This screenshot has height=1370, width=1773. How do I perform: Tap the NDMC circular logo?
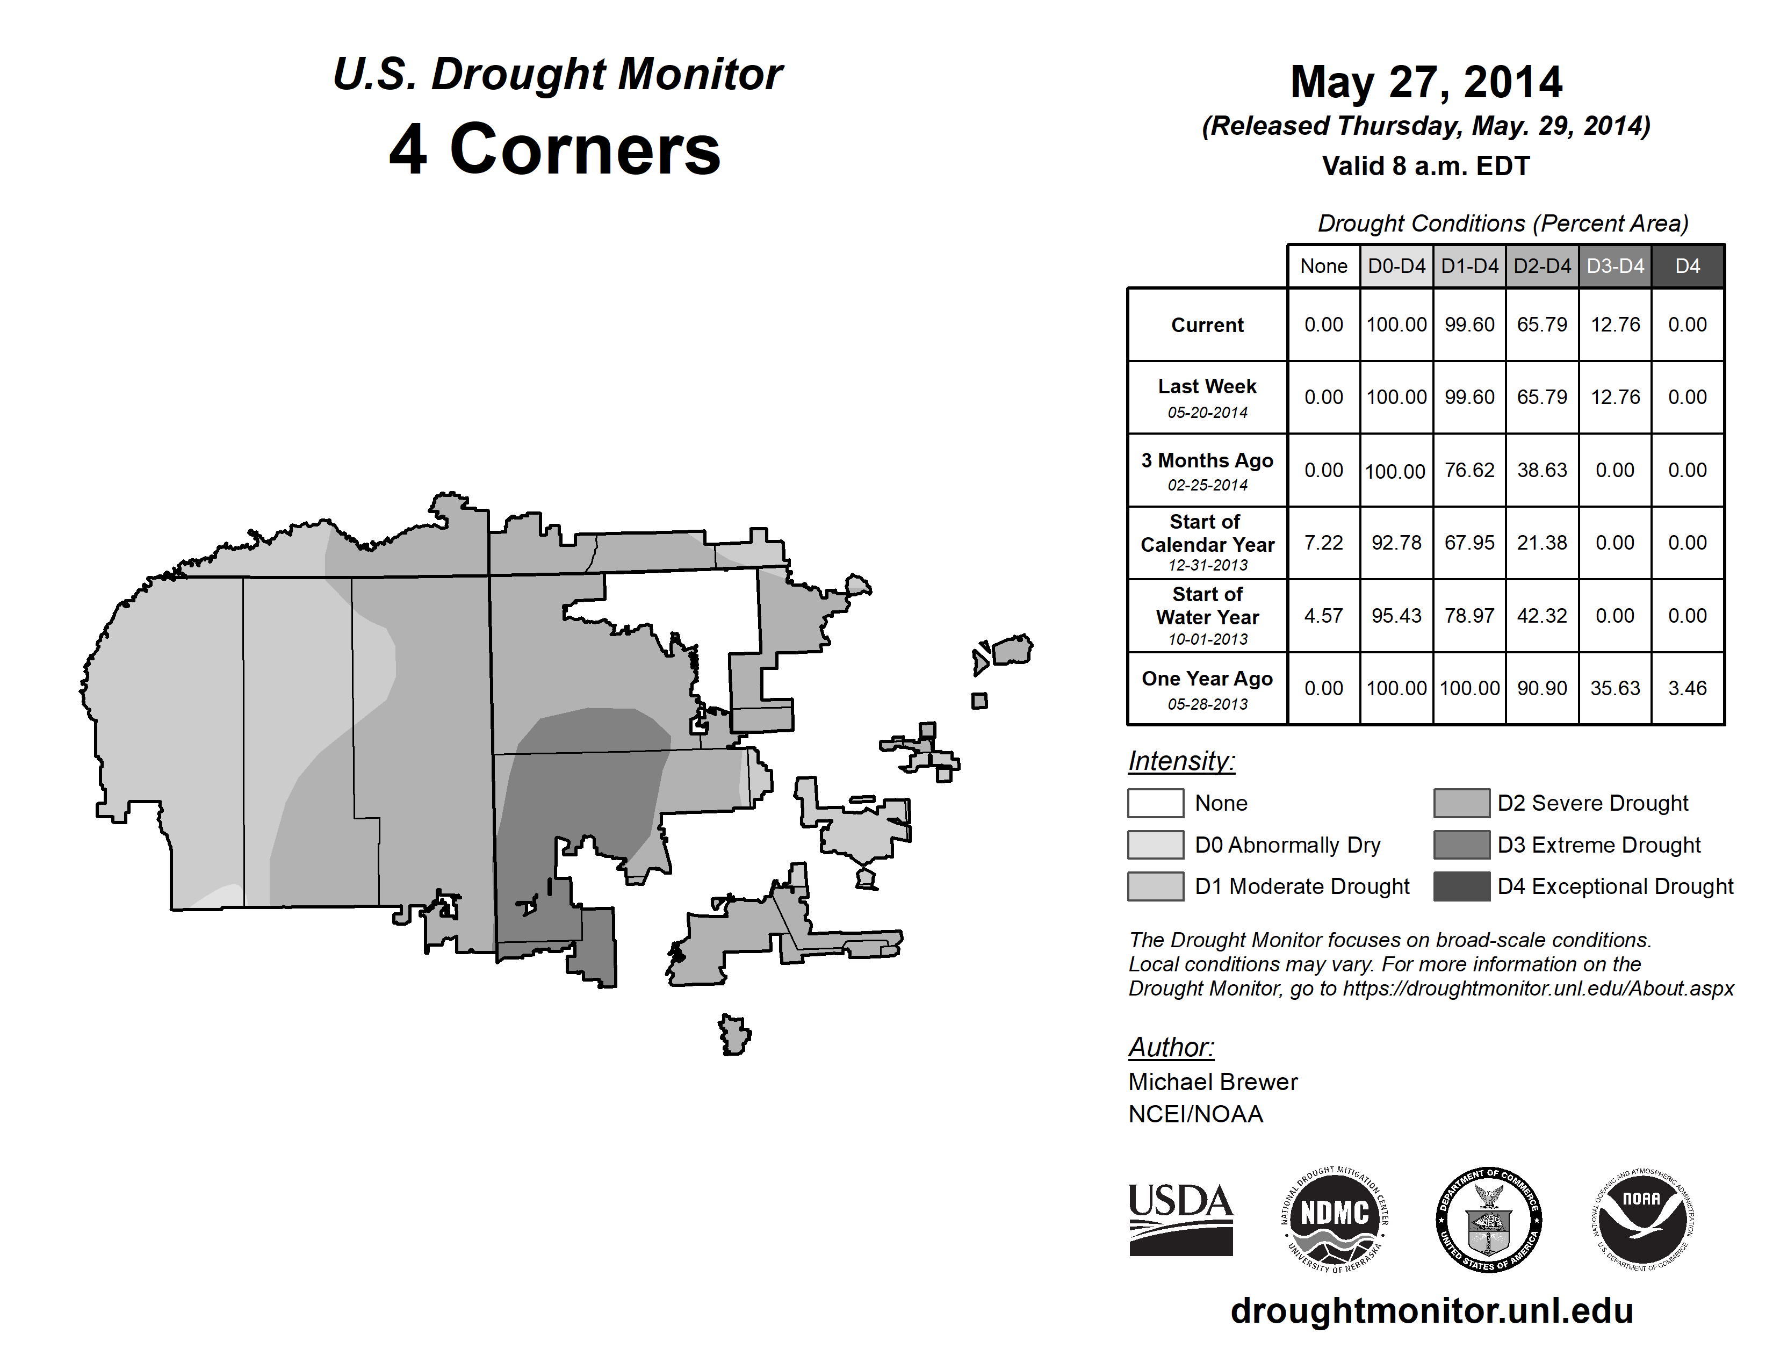[x=1335, y=1220]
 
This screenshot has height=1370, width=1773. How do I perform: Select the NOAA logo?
[x=1641, y=1220]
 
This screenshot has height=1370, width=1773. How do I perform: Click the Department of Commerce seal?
[x=1489, y=1220]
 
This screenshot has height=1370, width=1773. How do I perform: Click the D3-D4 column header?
[x=1615, y=266]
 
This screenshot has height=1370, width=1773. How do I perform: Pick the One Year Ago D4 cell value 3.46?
[x=1687, y=688]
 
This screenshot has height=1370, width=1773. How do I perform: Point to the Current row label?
[x=1207, y=325]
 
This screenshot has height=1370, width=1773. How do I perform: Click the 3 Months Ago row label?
[x=1207, y=461]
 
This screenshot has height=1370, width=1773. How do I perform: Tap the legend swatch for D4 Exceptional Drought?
[x=1461, y=886]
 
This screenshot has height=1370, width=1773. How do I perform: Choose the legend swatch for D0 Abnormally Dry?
[x=1155, y=845]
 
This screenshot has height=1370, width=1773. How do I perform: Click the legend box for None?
[x=1155, y=803]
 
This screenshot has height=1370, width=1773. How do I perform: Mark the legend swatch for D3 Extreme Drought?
[x=1461, y=845]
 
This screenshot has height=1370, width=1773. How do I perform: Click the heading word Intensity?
[x=1181, y=761]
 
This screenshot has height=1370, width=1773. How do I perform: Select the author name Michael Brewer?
[x=1213, y=1082]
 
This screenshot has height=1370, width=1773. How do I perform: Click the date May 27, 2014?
[x=1425, y=82]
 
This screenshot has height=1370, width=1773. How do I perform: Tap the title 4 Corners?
[x=556, y=149]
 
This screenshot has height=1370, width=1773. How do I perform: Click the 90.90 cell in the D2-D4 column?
[x=1541, y=688]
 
